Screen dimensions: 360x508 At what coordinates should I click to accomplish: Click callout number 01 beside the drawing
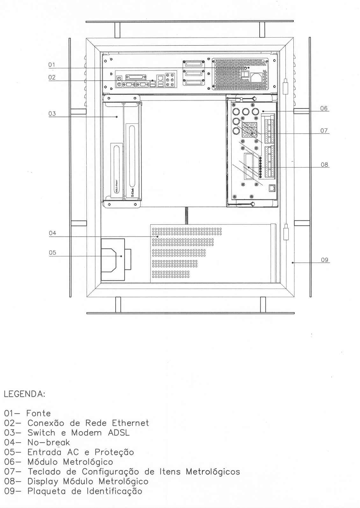click(x=52, y=65)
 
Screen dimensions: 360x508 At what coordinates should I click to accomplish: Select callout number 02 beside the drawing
click(x=52, y=77)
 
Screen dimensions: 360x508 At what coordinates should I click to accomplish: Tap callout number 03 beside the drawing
click(x=52, y=114)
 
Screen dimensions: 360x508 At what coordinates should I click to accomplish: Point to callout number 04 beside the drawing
click(x=53, y=233)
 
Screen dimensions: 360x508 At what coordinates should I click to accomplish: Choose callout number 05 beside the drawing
click(x=53, y=253)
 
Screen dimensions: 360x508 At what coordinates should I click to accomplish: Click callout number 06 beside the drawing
click(x=324, y=108)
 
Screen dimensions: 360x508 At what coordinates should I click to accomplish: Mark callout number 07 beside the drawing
click(x=324, y=131)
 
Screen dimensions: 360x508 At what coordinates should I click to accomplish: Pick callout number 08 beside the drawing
click(x=324, y=165)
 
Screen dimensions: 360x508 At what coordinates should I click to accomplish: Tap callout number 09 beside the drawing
click(x=325, y=260)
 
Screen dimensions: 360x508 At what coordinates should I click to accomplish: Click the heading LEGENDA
click(x=25, y=394)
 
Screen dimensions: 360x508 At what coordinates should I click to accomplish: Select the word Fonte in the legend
click(x=39, y=413)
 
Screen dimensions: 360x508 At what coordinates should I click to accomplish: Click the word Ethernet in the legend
click(x=131, y=423)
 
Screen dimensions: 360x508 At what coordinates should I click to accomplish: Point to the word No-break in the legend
click(x=49, y=442)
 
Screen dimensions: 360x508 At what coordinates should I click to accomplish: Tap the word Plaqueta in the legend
click(x=47, y=491)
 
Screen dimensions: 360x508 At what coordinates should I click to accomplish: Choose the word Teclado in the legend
click(x=44, y=472)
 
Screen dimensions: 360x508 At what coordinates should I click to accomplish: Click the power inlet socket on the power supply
click(x=256, y=77)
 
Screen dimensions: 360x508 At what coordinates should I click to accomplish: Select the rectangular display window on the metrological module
click(x=249, y=166)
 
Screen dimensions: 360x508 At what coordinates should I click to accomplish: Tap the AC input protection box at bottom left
click(x=113, y=260)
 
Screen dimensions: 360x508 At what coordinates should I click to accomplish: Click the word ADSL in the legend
click(x=119, y=432)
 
